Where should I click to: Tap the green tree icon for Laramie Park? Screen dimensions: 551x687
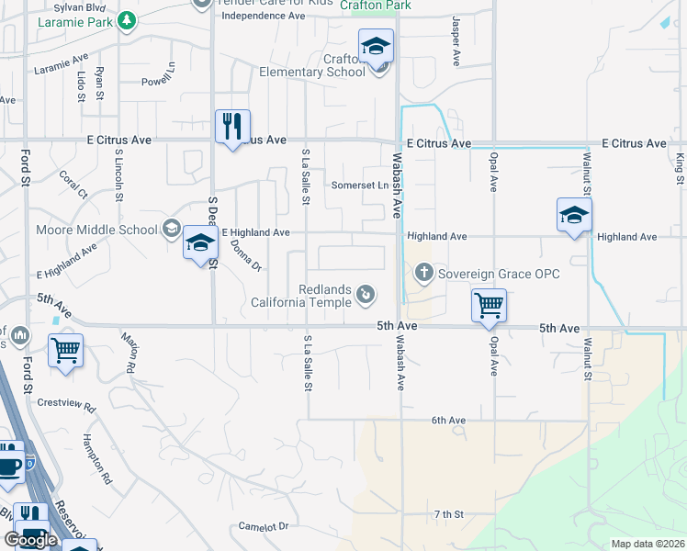[127, 20]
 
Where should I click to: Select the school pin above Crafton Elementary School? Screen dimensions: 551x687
[376, 46]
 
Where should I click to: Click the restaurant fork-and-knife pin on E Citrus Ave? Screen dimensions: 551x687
[232, 126]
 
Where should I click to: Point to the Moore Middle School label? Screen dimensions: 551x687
[96, 229]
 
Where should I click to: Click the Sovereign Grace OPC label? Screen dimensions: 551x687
[498, 273]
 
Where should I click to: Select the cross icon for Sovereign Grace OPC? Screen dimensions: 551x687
[423, 272]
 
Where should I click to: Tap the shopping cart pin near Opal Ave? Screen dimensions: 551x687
[489, 305]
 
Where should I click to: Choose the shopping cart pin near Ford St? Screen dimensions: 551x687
[65, 350]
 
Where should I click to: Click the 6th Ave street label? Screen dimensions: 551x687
[449, 421]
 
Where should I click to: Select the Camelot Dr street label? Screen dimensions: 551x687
[264, 526]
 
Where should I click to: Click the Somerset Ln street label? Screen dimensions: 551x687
[359, 186]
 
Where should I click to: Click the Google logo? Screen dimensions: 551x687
[30, 540]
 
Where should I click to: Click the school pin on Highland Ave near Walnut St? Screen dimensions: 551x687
[574, 216]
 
